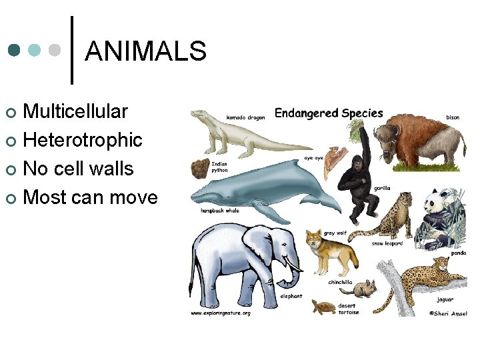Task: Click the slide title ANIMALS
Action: point(146,51)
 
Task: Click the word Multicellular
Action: point(75,111)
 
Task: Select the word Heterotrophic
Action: point(83,140)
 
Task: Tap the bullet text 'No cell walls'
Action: point(78,169)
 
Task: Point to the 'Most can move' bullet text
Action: point(90,197)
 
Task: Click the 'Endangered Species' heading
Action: point(329,113)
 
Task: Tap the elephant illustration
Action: point(243,260)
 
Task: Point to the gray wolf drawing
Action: point(323,253)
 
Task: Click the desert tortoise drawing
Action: point(325,307)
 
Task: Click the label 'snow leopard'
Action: point(387,243)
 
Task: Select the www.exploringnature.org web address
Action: point(221,313)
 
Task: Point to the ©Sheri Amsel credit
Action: point(448,313)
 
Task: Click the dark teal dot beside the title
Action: point(15,51)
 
